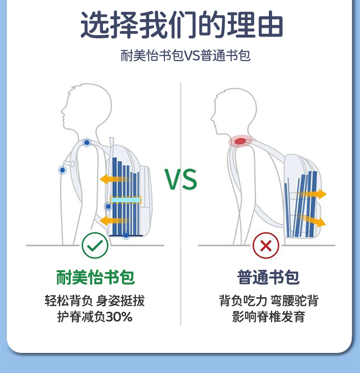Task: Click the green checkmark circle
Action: (x=95, y=246)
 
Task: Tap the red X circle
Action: (x=266, y=247)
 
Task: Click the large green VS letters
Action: (x=181, y=180)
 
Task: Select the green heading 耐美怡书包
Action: (x=96, y=277)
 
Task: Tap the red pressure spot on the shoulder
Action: (x=240, y=141)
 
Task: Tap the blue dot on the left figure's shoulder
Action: (x=86, y=143)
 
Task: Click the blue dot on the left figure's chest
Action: (x=62, y=170)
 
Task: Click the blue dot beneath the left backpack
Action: (x=126, y=235)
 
